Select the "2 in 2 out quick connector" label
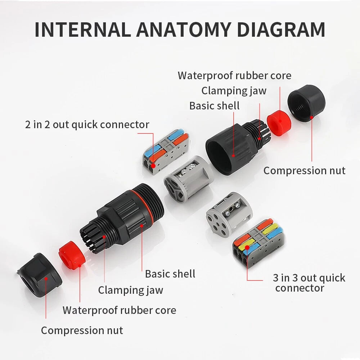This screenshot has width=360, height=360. point(87,125)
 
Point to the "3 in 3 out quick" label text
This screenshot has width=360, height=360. point(309,278)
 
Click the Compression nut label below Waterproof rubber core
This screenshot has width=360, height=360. point(82,330)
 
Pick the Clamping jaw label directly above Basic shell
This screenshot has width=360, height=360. point(234,90)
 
